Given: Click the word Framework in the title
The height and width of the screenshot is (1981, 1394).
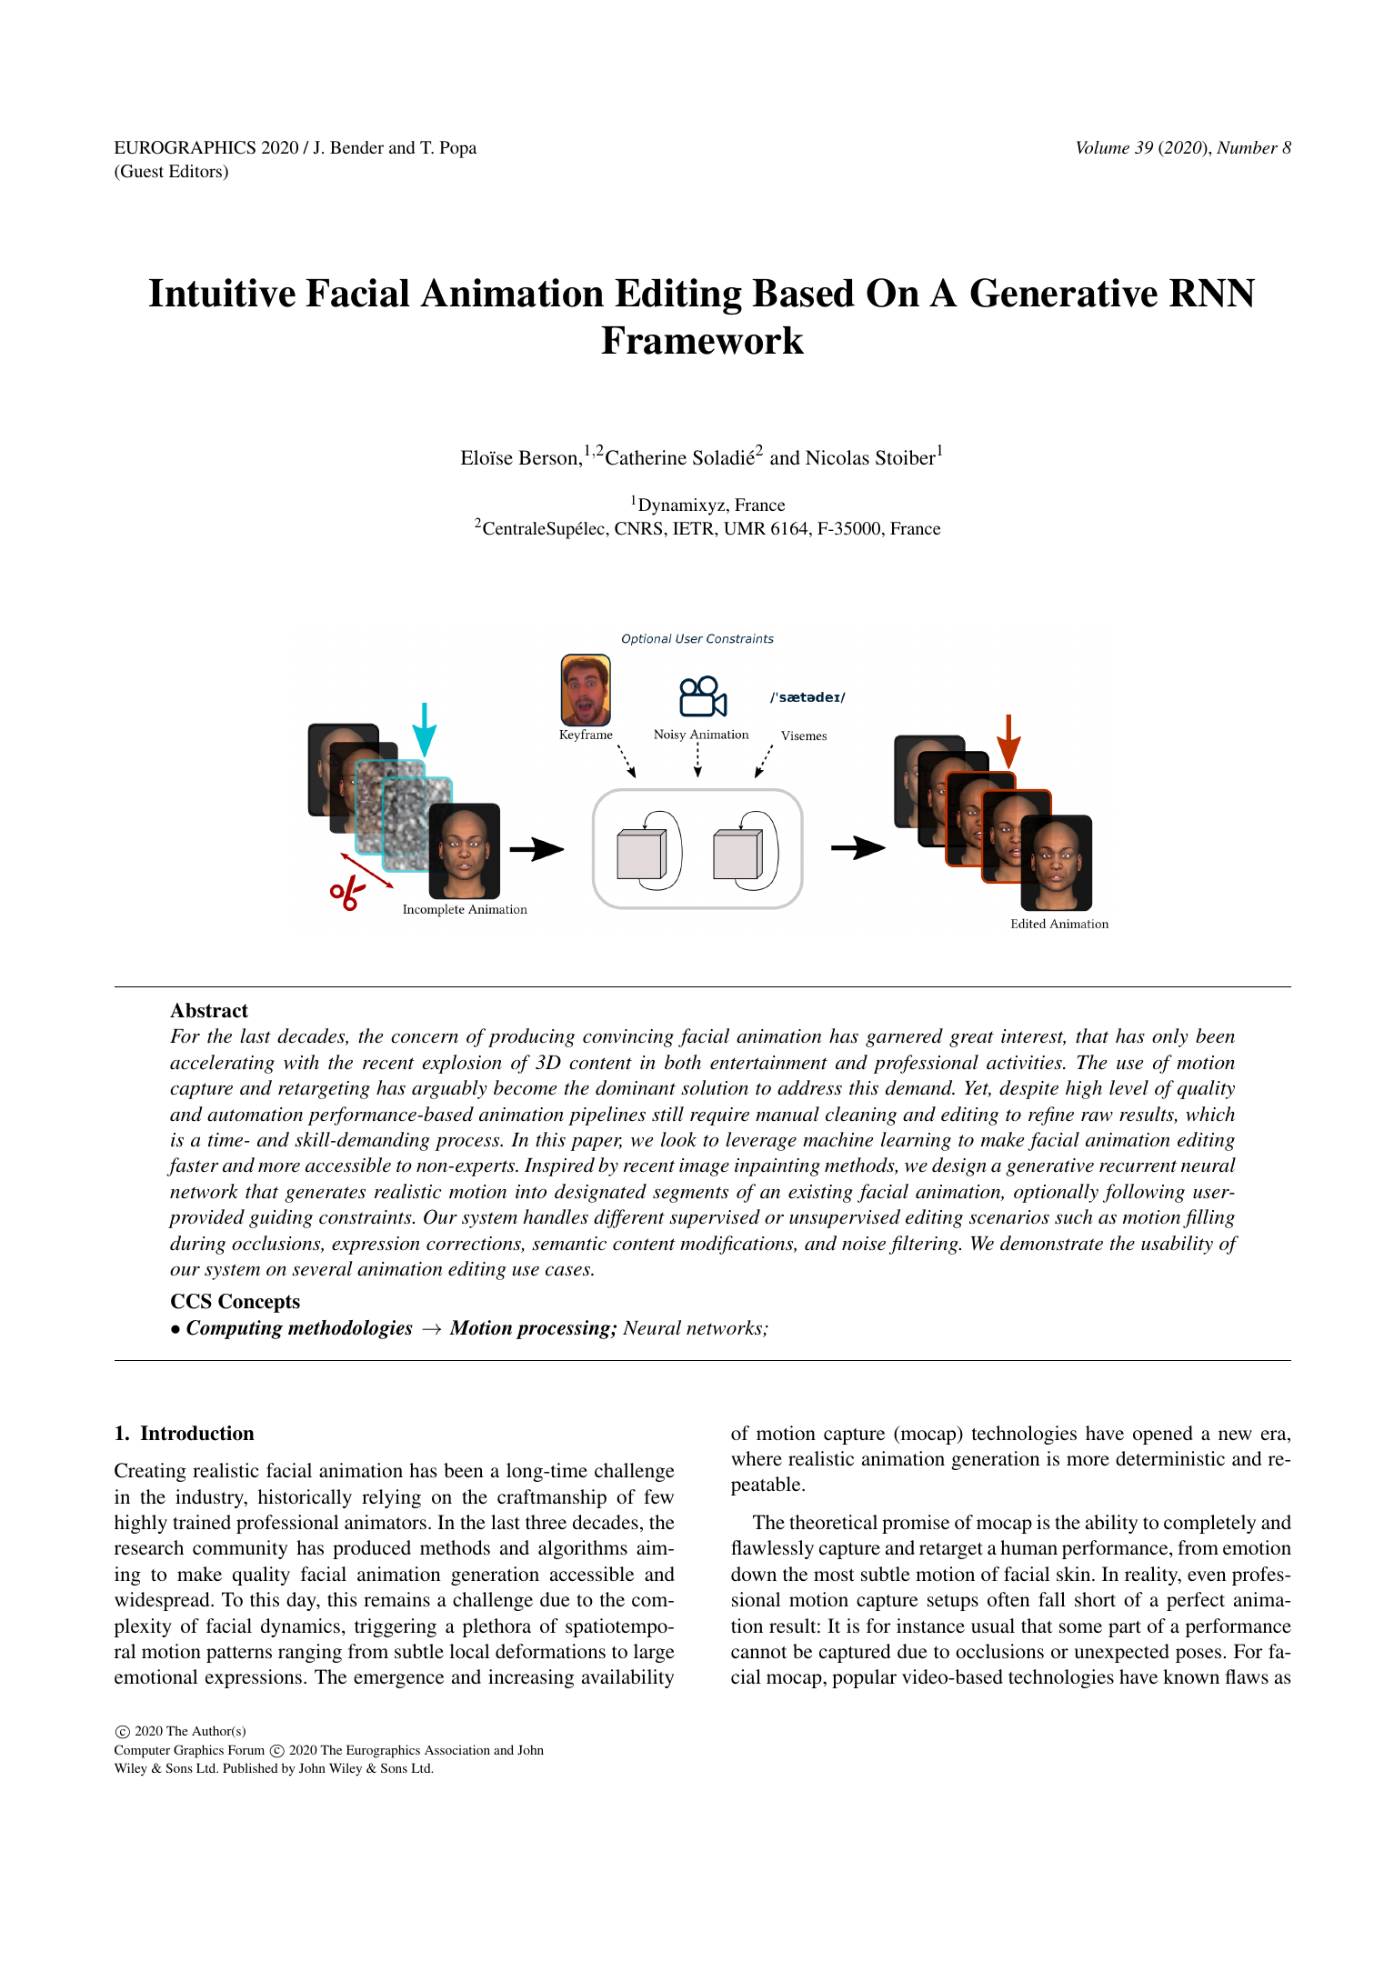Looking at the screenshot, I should pos(702,342).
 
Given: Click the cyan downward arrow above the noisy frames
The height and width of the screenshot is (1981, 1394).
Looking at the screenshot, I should pos(424,728).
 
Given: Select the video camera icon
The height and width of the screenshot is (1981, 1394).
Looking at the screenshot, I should pos(702,697).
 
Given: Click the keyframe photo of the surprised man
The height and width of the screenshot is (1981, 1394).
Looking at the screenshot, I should pos(586,690).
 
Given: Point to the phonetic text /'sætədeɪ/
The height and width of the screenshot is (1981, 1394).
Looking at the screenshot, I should pos(807,697).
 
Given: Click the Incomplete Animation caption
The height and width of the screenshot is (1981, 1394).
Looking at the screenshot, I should pos(465,909).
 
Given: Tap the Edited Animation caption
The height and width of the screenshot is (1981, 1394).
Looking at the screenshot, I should pos(1059,924).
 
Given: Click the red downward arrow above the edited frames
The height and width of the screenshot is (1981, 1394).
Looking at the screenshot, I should pos(1008,741).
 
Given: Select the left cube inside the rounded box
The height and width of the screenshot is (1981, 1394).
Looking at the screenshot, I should pos(641,854).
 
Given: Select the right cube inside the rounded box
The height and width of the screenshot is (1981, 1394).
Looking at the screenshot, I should pos(737,854).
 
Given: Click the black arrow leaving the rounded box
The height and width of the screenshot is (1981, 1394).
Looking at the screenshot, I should pos(857,847).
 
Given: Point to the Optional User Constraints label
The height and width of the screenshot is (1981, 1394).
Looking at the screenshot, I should pos(697,639).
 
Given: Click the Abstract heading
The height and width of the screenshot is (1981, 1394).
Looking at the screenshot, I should pos(209,1011).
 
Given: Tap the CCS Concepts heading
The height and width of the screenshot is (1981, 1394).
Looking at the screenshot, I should pos(235,1302).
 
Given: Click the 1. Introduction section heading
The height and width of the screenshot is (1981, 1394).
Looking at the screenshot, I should pos(185,1434).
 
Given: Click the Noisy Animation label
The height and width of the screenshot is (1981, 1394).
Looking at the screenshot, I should pos(701,735).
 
